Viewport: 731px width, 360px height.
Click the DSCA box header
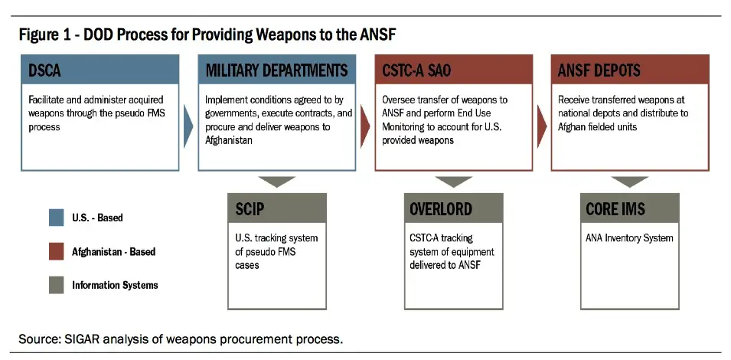[x=100, y=70]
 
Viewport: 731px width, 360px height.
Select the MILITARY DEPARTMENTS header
[x=276, y=70]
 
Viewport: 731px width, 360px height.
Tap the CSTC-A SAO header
[x=453, y=70]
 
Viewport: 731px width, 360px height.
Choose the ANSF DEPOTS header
[x=630, y=70]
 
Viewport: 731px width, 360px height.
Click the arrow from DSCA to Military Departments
[x=188, y=126]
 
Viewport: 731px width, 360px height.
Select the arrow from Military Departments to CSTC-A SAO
[x=365, y=126]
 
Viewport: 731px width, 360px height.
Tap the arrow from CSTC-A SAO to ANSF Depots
[x=542, y=126]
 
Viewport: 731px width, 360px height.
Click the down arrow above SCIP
[x=277, y=182]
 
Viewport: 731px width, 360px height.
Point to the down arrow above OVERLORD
[x=454, y=182]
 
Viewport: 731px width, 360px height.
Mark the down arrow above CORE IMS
[x=630, y=182]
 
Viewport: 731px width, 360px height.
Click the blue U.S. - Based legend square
[x=57, y=218]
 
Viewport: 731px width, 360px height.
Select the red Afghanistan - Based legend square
[x=57, y=252]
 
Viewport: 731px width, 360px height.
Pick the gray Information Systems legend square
[x=57, y=286]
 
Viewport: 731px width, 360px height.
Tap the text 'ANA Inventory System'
[x=629, y=237]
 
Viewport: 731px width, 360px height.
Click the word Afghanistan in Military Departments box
[x=228, y=140]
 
